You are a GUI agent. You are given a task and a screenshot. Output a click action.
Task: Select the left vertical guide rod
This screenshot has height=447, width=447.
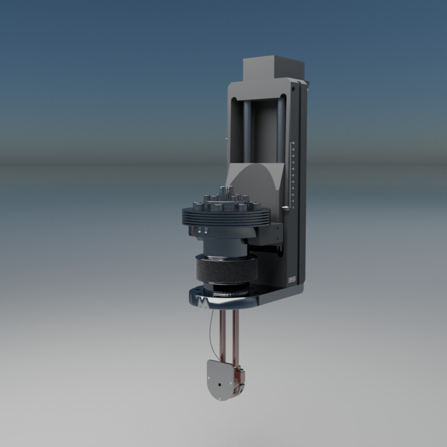[x=247, y=131]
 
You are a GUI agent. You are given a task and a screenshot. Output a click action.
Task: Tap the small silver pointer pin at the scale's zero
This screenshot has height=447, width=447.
[x=285, y=208]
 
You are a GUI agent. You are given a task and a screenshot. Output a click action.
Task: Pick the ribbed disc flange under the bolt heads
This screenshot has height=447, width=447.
[x=226, y=217]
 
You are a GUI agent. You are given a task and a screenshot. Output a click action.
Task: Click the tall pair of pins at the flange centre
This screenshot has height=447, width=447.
[x=226, y=191]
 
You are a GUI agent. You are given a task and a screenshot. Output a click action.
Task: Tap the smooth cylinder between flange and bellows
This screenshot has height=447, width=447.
[x=225, y=247]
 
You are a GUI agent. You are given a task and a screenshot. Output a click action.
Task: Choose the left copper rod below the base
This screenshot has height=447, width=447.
[x=223, y=336]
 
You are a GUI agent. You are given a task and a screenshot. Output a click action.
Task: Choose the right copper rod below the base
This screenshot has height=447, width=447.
[x=236, y=336]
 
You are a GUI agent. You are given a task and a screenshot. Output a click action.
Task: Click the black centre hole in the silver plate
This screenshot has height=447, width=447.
[x=220, y=385]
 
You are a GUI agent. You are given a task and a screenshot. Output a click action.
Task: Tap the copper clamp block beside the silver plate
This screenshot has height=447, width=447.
[x=239, y=375]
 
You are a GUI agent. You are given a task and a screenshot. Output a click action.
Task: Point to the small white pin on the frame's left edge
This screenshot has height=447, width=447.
[x=227, y=139]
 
